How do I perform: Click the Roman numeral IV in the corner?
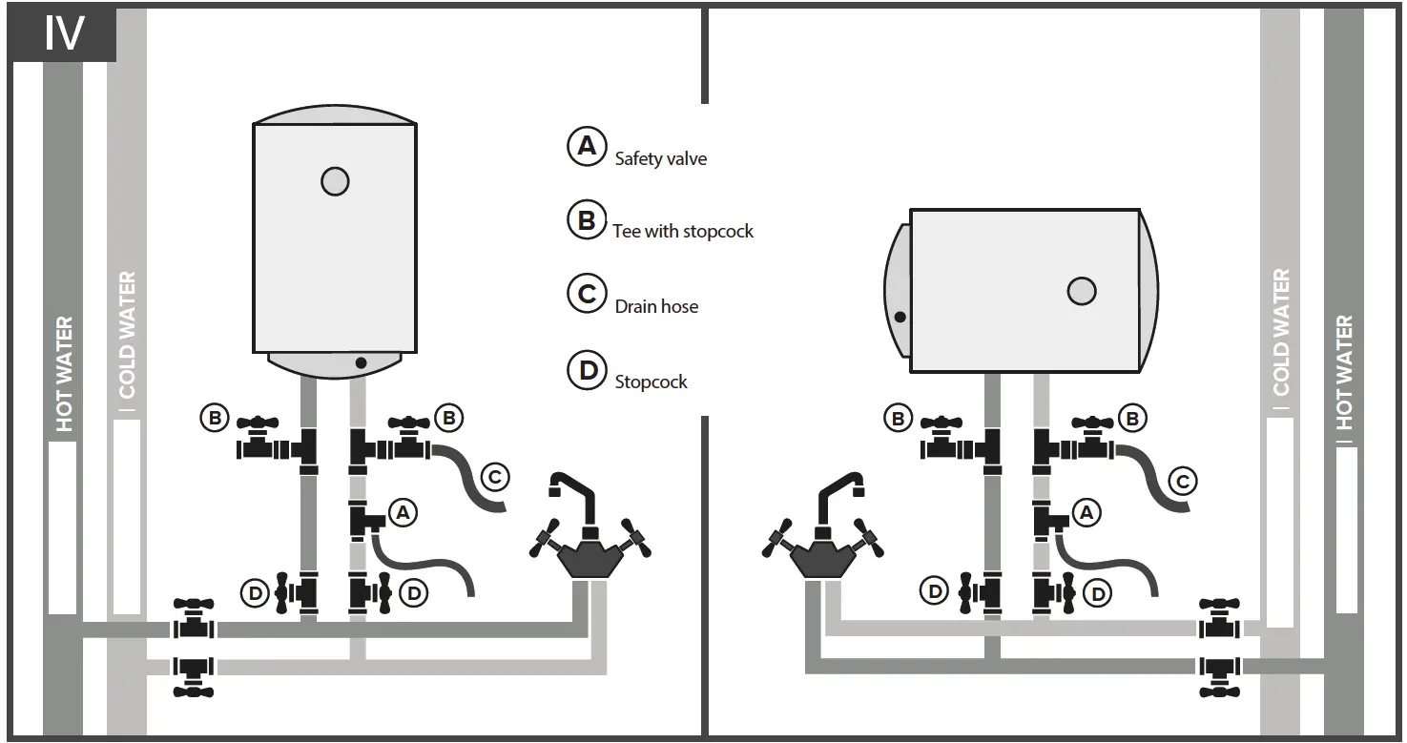(64, 33)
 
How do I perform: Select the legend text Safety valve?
(660, 158)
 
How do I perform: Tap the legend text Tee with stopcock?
(683, 231)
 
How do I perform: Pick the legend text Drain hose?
(656, 306)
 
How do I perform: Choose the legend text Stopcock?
(651, 382)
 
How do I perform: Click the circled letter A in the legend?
(587, 146)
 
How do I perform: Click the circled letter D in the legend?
(587, 369)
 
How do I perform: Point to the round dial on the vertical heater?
(335, 181)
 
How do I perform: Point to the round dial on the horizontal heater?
(1081, 291)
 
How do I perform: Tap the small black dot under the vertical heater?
(361, 362)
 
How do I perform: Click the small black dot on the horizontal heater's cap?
(900, 316)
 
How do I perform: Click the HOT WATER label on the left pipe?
(64, 374)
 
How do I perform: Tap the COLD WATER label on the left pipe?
(127, 336)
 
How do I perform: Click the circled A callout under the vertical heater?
(403, 512)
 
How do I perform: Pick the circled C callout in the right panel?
(1182, 481)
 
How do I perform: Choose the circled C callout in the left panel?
(494, 476)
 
